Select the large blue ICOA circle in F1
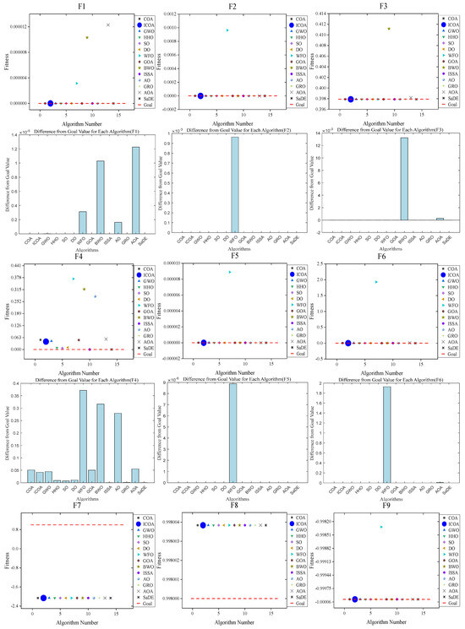pyautogui.click(x=50, y=103)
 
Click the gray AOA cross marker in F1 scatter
pyautogui.click(x=107, y=24)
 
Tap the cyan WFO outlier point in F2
pyautogui.click(x=227, y=30)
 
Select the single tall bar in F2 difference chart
pyautogui.click(x=235, y=185)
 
